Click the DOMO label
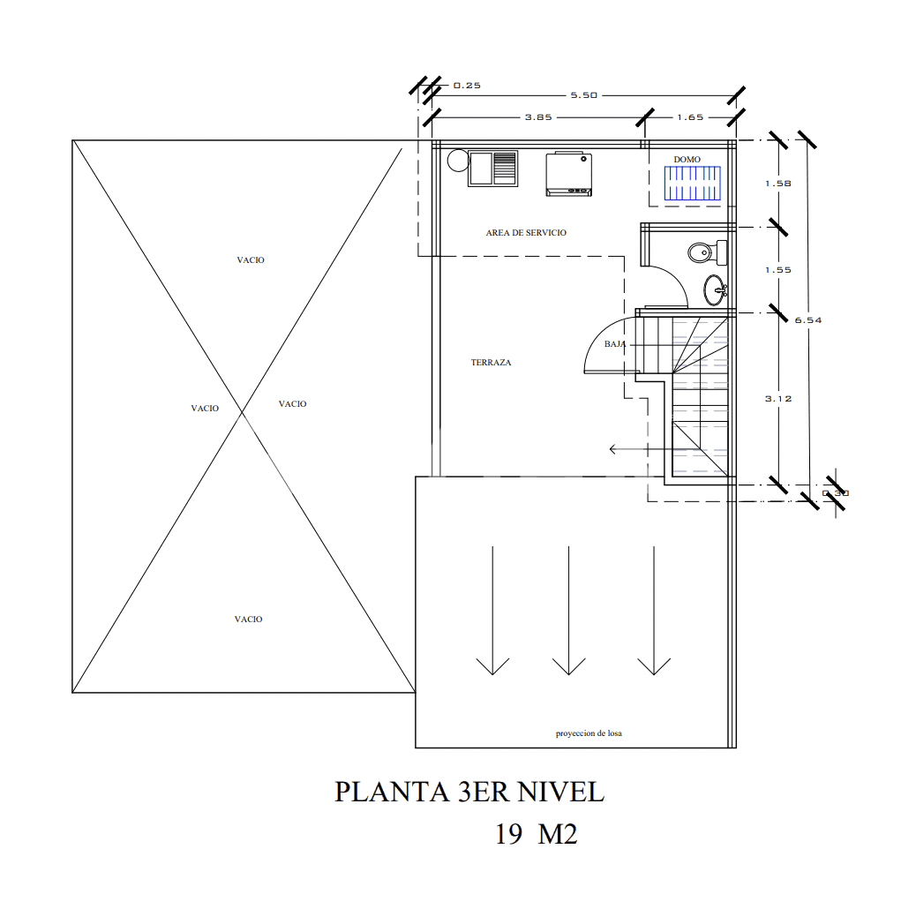(x=687, y=160)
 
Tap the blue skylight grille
(x=693, y=185)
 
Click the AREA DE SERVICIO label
(x=526, y=233)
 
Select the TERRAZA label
(x=491, y=363)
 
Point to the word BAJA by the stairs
(x=615, y=344)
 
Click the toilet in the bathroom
(x=702, y=252)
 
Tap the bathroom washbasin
(x=716, y=287)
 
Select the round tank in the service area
(x=457, y=161)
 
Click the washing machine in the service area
(x=567, y=174)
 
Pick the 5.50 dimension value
(x=584, y=95)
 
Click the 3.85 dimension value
(x=538, y=117)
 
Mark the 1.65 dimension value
(x=690, y=117)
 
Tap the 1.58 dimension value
(x=777, y=184)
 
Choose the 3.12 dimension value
(x=777, y=399)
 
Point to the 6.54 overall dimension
(x=808, y=320)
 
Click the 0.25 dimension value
(x=466, y=86)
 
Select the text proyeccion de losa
(x=589, y=733)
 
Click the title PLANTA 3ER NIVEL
(x=469, y=792)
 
